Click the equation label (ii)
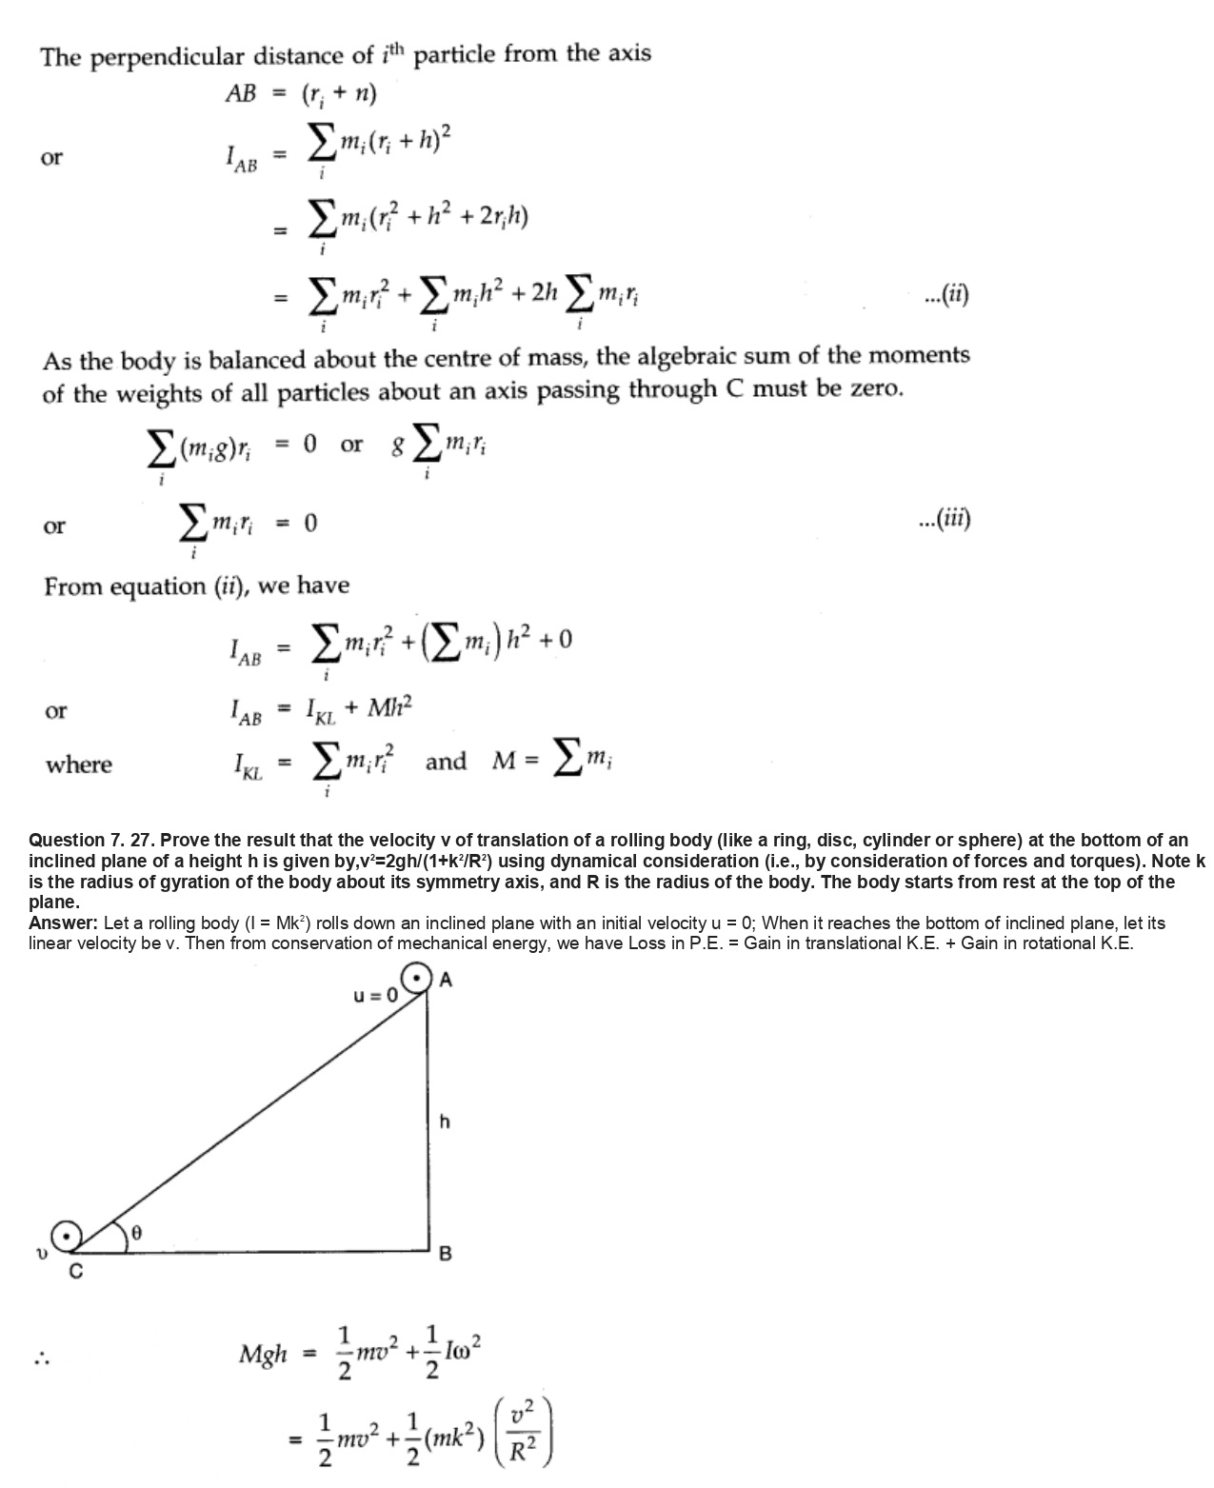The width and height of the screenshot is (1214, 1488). click(x=946, y=294)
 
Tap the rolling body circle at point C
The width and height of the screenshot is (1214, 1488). click(x=66, y=1237)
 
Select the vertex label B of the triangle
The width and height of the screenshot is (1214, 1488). click(x=445, y=1254)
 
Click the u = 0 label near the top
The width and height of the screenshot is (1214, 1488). click(x=374, y=996)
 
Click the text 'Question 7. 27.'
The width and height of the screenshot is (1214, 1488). click(x=92, y=840)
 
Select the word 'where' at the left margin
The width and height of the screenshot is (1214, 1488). click(x=78, y=764)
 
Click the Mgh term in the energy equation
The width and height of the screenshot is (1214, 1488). click(x=263, y=1354)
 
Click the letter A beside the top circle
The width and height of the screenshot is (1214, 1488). click(x=446, y=980)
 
